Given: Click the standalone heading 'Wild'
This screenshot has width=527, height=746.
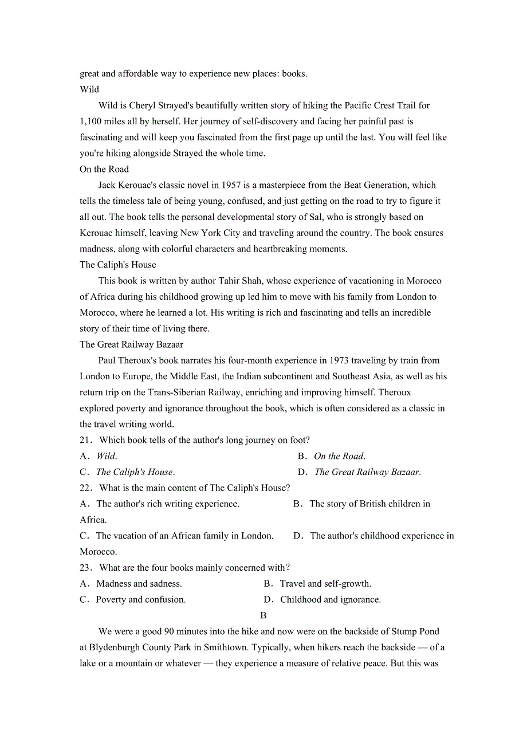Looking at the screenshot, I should [89, 89].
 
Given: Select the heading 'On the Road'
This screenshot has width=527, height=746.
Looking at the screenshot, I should [104, 169].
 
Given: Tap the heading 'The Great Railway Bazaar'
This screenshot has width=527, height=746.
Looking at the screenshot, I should [131, 344].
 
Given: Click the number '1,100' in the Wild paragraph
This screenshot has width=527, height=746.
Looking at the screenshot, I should [91, 121].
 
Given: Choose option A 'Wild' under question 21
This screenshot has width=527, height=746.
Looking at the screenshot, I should [107, 456].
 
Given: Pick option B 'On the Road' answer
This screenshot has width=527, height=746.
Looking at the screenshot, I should [339, 456].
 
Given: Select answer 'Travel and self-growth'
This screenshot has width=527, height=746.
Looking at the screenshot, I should [325, 584].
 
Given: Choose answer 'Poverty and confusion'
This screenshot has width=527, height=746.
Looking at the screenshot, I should [140, 600].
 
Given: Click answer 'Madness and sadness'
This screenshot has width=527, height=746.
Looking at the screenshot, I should [139, 584].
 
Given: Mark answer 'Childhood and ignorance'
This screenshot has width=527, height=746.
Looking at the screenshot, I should [331, 600].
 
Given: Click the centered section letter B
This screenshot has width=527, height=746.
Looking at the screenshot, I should [263, 615].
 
